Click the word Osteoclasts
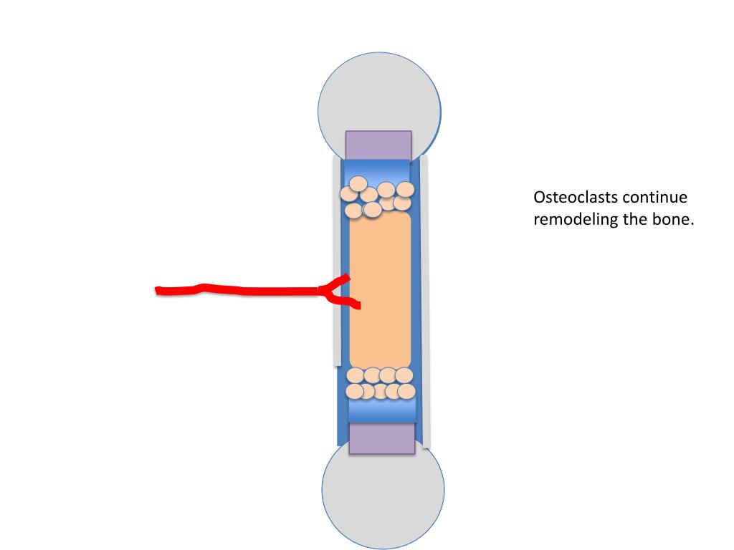pos(576,198)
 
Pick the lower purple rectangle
pos(381,438)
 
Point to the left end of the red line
pos(158,290)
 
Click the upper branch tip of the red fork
pos(348,276)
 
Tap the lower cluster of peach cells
pos(380,383)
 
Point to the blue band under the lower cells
pos(382,410)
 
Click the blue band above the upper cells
pos(377,170)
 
